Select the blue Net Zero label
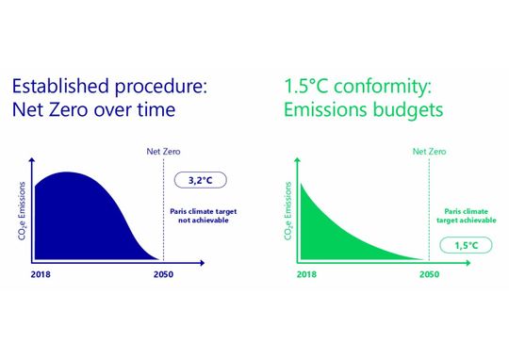[163, 151]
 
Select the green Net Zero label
[430, 151]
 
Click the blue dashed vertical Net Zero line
[164, 207]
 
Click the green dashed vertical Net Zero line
[430, 207]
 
